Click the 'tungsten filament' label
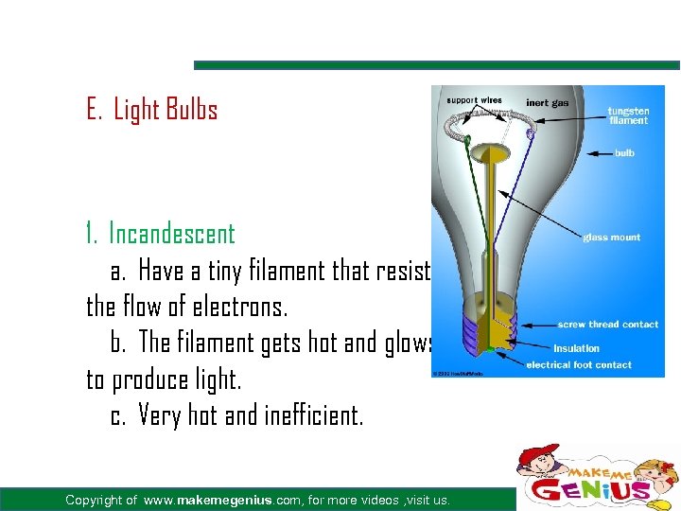(x=628, y=115)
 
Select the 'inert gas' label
(x=548, y=102)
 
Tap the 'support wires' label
(x=476, y=100)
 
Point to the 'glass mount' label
(x=611, y=238)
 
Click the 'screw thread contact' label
(x=607, y=325)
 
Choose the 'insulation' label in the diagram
(x=576, y=348)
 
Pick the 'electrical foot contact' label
(x=579, y=364)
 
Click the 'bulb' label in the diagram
(x=624, y=152)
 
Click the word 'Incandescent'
(x=171, y=233)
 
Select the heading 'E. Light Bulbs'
(x=151, y=110)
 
